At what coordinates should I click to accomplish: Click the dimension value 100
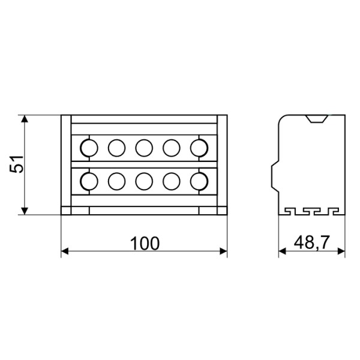[x=145, y=243]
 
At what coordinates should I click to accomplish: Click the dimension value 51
[x=19, y=164]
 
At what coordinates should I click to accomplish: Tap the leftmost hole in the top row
[x=89, y=147]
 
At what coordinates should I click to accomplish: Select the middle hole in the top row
[x=144, y=147]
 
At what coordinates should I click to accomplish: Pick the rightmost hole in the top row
[x=199, y=147]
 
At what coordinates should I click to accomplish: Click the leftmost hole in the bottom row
[x=89, y=180]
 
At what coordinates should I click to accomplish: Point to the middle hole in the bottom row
[x=144, y=180]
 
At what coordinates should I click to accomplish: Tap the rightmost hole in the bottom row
[x=199, y=180]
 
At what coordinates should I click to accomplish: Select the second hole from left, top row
[x=116, y=147]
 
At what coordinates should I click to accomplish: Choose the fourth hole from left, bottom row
[x=172, y=180]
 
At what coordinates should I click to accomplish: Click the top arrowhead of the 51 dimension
[x=25, y=119]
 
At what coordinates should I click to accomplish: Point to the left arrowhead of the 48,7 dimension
[x=283, y=251]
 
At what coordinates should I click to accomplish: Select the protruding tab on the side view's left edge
[x=274, y=173]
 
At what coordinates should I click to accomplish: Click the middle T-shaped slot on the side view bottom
[x=312, y=211]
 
